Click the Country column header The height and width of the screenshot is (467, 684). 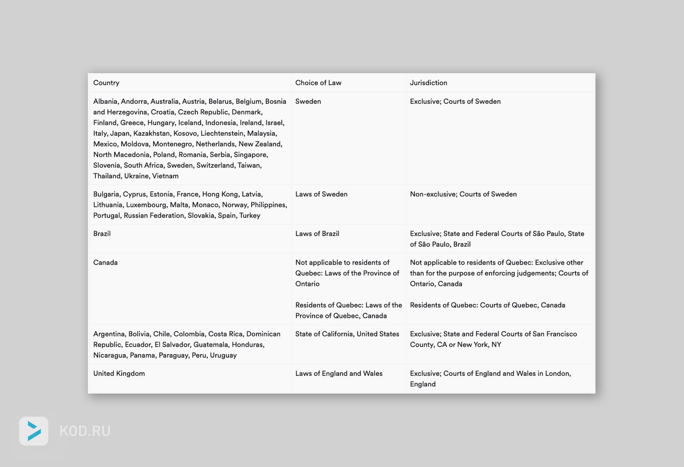[x=106, y=83]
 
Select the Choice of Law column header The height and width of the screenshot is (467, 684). [x=318, y=83]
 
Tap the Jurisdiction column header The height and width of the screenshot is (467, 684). [x=428, y=83]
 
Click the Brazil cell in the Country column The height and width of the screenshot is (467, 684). [x=102, y=234]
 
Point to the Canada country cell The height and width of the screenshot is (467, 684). [x=105, y=262]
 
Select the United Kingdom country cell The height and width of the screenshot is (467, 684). [x=119, y=373]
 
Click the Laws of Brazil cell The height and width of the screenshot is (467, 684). [x=317, y=234]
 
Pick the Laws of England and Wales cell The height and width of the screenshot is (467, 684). [x=339, y=373]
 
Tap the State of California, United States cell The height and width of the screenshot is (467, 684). [x=347, y=334]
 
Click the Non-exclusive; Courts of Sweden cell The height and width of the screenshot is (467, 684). [x=463, y=194]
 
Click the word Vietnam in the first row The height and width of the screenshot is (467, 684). [x=165, y=176]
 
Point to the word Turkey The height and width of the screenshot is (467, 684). [x=250, y=216]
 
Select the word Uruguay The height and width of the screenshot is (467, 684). [x=223, y=355]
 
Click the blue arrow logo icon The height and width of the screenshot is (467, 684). [x=34, y=431]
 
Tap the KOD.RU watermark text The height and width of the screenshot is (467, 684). [x=85, y=431]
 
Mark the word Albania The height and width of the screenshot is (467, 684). [x=105, y=101]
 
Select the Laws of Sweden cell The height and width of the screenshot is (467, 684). [x=321, y=194]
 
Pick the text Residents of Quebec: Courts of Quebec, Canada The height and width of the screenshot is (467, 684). [x=487, y=305]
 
